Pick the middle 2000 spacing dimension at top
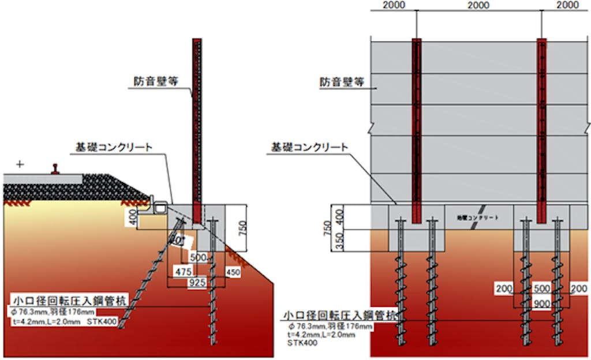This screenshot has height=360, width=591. (x=478, y=5)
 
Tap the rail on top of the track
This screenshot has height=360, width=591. (x=57, y=169)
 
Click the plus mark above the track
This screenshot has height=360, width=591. (x=21, y=164)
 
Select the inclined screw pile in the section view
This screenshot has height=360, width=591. (x=148, y=277)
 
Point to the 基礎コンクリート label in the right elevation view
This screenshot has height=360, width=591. (x=310, y=147)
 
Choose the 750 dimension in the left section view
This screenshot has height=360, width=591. (x=242, y=227)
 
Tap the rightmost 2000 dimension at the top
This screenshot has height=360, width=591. (x=568, y=5)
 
